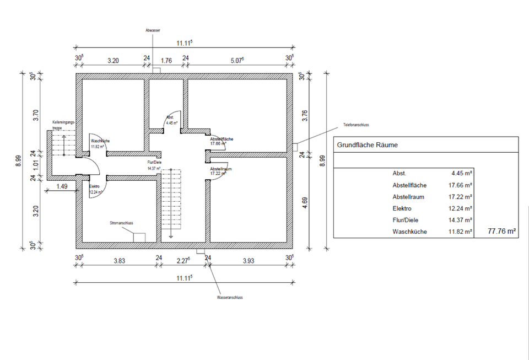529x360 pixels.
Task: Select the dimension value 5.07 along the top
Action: (237, 60)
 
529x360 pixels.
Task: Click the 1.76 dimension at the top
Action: (166, 61)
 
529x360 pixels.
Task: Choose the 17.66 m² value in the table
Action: (461, 185)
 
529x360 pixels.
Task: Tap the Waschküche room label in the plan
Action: (100, 142)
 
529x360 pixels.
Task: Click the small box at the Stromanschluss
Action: (139, 237)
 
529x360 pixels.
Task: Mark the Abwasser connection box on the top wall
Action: (156, 71)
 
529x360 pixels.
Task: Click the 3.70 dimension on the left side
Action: (35, 115)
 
